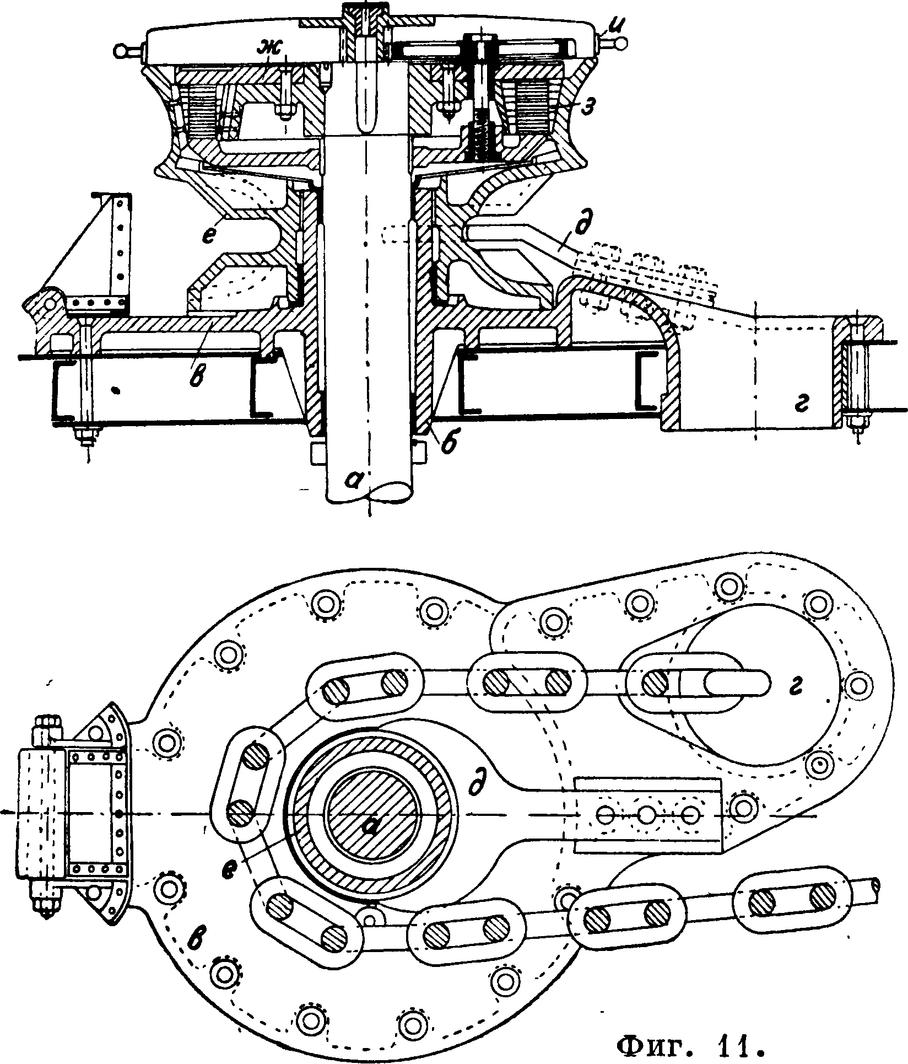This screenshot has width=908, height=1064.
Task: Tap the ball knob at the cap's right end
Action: pyautogui.click(x=621, y=42)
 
